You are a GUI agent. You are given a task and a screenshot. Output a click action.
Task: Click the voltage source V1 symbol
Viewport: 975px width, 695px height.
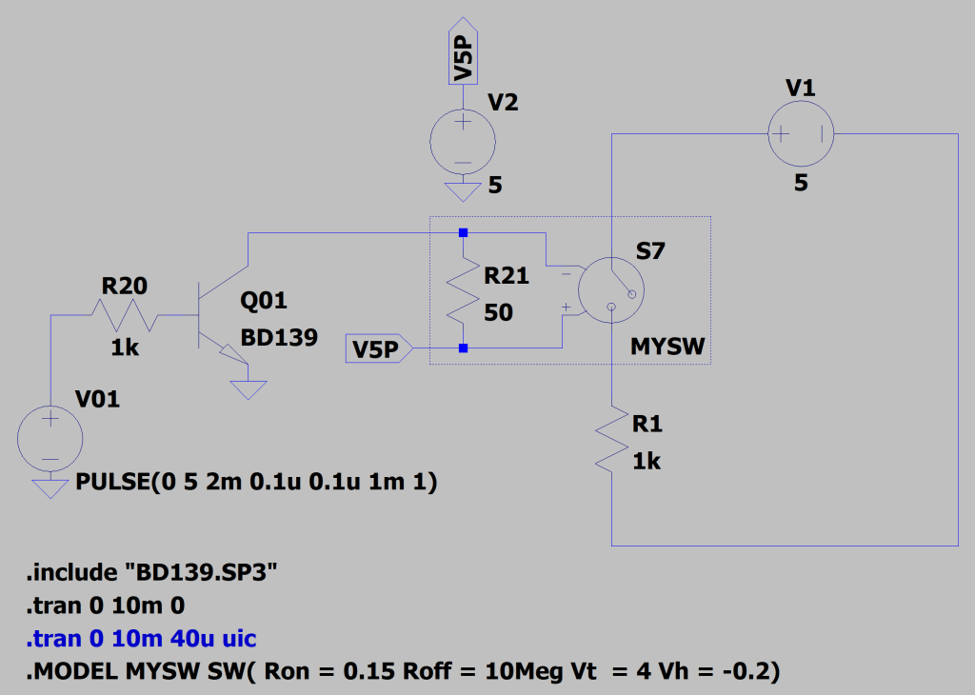(801, 134)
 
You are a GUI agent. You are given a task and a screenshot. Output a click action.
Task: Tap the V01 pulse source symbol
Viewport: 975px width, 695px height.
(50, 438)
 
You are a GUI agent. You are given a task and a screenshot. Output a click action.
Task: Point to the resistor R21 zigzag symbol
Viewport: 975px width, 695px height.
(463, 290)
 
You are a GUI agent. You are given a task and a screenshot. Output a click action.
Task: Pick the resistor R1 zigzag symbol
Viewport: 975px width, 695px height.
(611, 440)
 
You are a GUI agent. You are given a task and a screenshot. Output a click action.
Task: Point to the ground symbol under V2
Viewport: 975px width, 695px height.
(463, 190)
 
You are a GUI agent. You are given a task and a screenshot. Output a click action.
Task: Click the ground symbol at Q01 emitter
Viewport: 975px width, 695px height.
(247, 389)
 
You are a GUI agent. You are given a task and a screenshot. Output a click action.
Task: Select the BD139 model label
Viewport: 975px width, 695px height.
(279, 337)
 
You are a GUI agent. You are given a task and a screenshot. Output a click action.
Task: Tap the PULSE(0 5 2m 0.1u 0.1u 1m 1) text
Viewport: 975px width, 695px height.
(255, 484)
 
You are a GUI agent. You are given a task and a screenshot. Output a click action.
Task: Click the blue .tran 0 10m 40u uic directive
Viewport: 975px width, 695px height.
(141, 638)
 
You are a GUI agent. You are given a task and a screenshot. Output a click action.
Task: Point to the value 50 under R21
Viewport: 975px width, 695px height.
(499, 312)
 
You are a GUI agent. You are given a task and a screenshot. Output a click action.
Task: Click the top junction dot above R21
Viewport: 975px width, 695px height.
(463, 232)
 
